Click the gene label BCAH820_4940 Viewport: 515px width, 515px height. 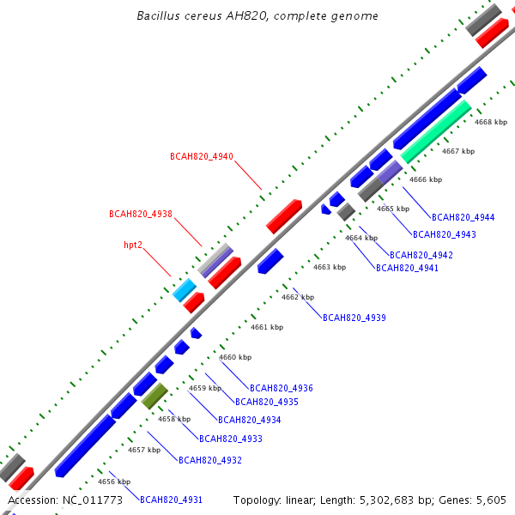pos(202,156)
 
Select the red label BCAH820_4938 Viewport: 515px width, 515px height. pos(141,214)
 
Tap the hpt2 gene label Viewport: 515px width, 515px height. pos(133,245)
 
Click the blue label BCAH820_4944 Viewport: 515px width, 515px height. pos(463,217)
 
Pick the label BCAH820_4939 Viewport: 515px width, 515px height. pos(354,318)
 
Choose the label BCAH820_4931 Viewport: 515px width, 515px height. pos(171,500)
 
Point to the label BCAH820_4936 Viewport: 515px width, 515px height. pos(282,388)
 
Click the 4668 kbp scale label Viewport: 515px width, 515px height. pos(491,122)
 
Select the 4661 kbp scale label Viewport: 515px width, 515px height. pos(267,327)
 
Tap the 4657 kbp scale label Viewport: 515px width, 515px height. pos(144,450)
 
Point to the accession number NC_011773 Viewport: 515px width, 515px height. pos(93,500)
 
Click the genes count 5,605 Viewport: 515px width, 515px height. pos(491,500)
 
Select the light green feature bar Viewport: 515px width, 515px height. pos(436,131)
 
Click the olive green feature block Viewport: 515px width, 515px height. pos(154,396)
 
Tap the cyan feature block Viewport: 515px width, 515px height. pos(185,290)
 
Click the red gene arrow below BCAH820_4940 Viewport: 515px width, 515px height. pos(284,216)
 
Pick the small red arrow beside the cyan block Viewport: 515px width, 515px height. pos(194,302)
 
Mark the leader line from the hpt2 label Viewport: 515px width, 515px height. pos(157,263)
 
